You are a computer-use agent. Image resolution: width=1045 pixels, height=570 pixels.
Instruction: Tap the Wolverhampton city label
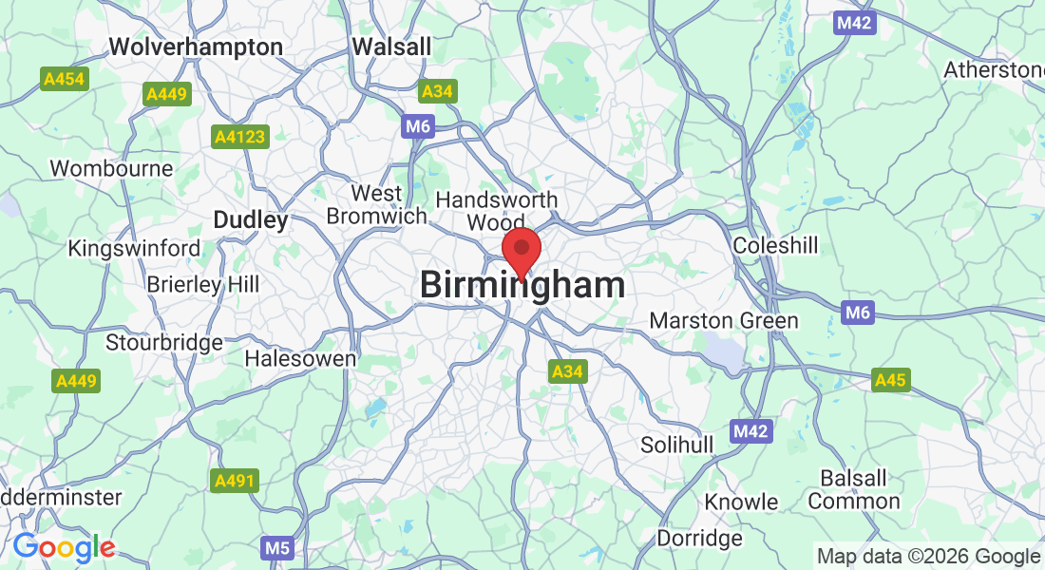coord(196,47)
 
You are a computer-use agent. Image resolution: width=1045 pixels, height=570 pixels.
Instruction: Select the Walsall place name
coord(391,47)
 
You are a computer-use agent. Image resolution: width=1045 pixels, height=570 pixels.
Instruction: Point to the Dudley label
coord(250,220)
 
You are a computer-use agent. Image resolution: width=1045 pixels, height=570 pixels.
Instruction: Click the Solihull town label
coord(676,445)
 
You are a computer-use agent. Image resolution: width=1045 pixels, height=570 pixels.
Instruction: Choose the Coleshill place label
coord(775,246)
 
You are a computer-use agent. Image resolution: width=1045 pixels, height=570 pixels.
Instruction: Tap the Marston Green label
coord(724,321)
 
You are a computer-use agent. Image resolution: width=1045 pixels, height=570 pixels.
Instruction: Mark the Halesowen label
coord(300,359)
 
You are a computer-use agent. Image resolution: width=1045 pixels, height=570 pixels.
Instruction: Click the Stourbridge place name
coord(164,342)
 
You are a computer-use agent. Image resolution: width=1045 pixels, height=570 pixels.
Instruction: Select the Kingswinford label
coord(134,249)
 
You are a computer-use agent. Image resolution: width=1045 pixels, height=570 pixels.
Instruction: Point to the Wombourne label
coord(111,169)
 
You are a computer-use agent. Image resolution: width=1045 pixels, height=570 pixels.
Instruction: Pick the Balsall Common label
coord(854,489)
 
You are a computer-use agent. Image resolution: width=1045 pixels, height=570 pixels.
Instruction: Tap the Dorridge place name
coord(699,539)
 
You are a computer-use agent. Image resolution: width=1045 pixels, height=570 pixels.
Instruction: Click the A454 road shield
coord(66,80)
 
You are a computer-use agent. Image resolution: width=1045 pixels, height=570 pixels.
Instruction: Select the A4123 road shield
coord(239,138)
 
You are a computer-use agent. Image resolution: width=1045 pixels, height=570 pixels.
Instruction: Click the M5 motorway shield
coord(276,547)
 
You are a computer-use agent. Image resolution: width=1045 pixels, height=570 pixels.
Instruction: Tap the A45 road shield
coord(891,381)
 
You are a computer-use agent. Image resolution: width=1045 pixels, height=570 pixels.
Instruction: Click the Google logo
coord(64,547)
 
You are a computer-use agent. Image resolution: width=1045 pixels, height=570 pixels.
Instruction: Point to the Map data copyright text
coord(928,557)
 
